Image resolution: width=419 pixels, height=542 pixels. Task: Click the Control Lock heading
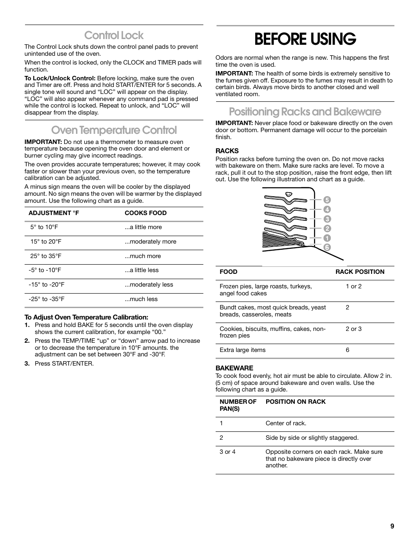(x=114, y=35)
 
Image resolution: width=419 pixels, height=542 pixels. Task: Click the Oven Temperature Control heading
(x=114, y=130)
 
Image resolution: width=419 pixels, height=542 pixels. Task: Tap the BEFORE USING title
(x=305, y=39)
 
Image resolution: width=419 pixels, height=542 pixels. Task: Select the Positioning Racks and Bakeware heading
(x=305, y=111)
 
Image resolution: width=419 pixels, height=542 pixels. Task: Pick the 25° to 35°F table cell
(x=46, y=256)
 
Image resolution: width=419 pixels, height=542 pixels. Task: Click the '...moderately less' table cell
(x=148, y=285)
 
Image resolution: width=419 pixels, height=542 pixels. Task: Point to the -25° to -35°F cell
(x=47, y=299)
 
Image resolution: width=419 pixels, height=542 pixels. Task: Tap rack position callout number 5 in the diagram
(x=327, y=200)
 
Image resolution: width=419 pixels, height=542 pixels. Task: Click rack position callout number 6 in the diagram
(x=327, y=248)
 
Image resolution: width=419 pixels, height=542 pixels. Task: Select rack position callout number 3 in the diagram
(x=327, y=219)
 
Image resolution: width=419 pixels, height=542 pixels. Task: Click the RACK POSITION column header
(x=360, y=272)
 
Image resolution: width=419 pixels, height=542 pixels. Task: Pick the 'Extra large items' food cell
(x=242, y=350)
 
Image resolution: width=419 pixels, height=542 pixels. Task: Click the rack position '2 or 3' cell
(x=354, y=329)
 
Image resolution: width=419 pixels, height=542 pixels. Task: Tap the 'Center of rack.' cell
(x=286, y=424)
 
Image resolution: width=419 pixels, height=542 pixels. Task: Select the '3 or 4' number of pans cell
(x=228, y=452)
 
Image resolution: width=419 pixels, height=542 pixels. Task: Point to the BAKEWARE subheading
(x=234, y=368)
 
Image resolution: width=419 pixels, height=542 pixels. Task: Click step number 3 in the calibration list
(x=27, y=364)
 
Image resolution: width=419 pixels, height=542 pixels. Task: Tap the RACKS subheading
(x=227, y=151)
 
